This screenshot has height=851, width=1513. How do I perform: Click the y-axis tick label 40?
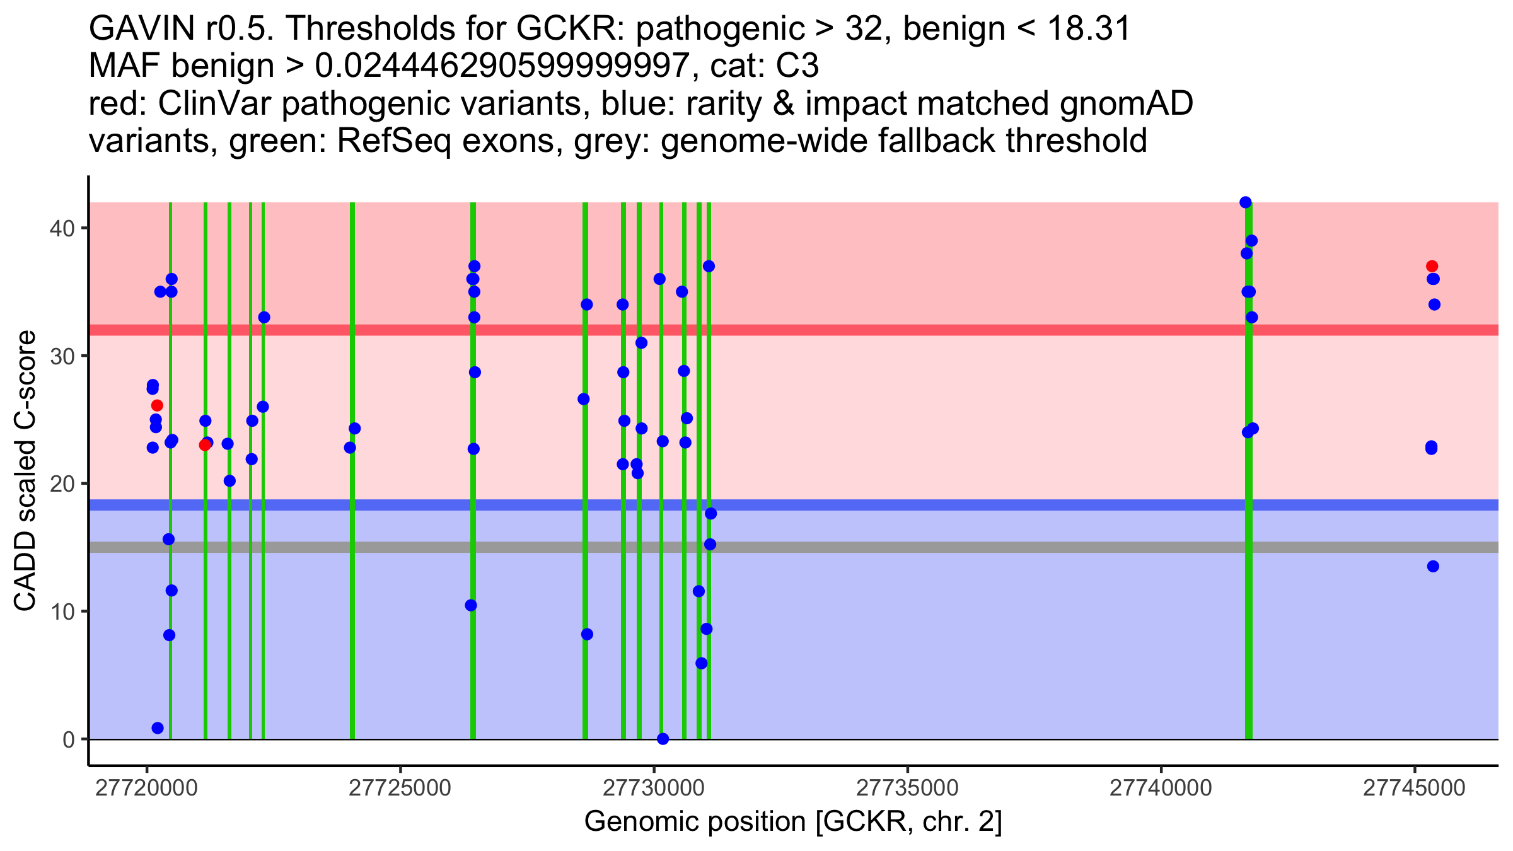coord(62,228)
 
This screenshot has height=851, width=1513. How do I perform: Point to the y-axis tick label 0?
coord(69,739)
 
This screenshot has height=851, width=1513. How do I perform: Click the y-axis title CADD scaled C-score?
coord(25,472)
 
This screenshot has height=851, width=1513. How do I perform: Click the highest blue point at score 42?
coord(1245,202)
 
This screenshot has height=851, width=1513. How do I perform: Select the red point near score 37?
coord(1432,266)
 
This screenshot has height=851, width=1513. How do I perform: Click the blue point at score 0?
coord(663,739)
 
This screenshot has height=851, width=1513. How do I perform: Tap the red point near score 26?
coord(157,405)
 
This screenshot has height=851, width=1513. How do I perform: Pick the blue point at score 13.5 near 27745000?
coord(1433,566)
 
